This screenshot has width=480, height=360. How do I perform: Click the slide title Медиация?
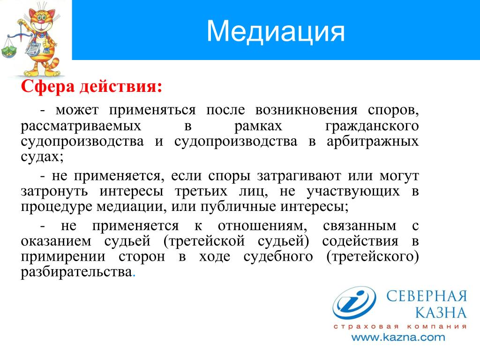click(276, 31)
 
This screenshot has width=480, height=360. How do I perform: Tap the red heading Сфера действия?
click(91, 86)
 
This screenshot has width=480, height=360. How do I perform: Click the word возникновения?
click(306, 110)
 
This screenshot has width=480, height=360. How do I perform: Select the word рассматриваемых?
click(81, 126)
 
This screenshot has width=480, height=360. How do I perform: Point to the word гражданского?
click(372, 126)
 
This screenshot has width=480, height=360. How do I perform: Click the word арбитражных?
click(373, 142)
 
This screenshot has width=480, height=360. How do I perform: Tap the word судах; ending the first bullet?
click(42, 157)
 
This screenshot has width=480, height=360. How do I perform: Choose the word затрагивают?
click(299, 176)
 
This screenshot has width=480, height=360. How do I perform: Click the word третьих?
click(201, 191)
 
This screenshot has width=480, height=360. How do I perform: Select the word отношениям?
click(262, 226)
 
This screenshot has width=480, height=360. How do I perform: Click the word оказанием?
click(56, 241)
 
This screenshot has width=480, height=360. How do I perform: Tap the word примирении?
click(63, 256)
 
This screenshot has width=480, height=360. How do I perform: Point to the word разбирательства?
click(76, 272)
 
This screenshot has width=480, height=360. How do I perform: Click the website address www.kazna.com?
click(398, 337)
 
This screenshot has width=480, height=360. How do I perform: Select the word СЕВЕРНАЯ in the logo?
click(427, 296)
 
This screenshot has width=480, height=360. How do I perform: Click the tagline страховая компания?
click(400, 326)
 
